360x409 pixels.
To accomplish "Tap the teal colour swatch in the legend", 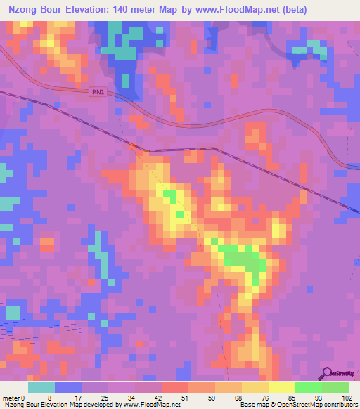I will click(x=41, y=387).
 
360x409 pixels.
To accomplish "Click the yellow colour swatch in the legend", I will click(x=281, y=387).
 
